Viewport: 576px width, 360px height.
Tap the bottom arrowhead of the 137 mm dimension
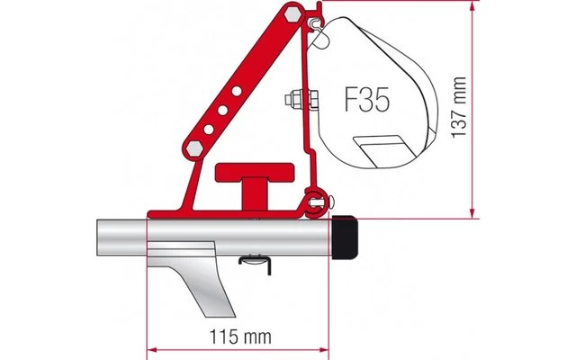click(x=471, y=212)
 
